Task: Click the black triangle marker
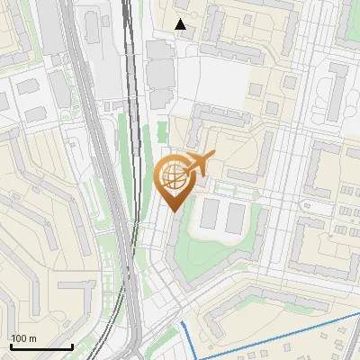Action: [x=181, y=24]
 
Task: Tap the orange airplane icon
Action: [x=199, y=164]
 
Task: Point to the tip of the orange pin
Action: [x=173, y=211]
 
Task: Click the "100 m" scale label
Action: [x=23, y=338]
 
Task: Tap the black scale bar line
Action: [x=41, y=346]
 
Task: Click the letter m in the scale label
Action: [x=32, y=338]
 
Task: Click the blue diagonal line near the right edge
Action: [x=297, y=329]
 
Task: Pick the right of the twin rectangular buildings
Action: [x=235, y=214]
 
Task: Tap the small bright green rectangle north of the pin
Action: [x=162, y=130]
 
